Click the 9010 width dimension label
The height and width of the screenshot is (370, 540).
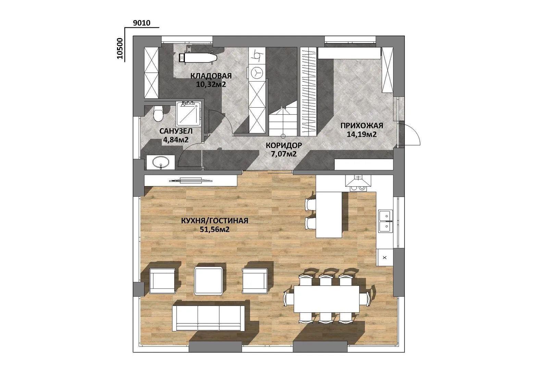coord(141,23)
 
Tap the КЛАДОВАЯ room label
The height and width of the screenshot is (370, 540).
coord(211,76)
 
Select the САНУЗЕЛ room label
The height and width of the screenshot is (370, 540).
coord(176,131)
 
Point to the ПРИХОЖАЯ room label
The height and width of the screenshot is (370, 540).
coord(362,126)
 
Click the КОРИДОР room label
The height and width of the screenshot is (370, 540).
coord(284,145)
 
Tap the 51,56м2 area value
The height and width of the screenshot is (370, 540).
coord(215,230)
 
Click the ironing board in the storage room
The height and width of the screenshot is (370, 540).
coord(198,58)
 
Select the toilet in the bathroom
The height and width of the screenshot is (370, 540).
coord(159,114)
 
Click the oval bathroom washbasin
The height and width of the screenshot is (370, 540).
coord(160,162)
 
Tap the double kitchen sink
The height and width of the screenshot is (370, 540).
coord(385,221)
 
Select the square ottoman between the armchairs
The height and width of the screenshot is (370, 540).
coord(208,281)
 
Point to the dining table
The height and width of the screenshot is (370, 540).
coord(327,299)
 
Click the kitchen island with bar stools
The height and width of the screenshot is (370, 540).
coord(329,214)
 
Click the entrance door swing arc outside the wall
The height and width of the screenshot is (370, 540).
coord(413,133)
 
